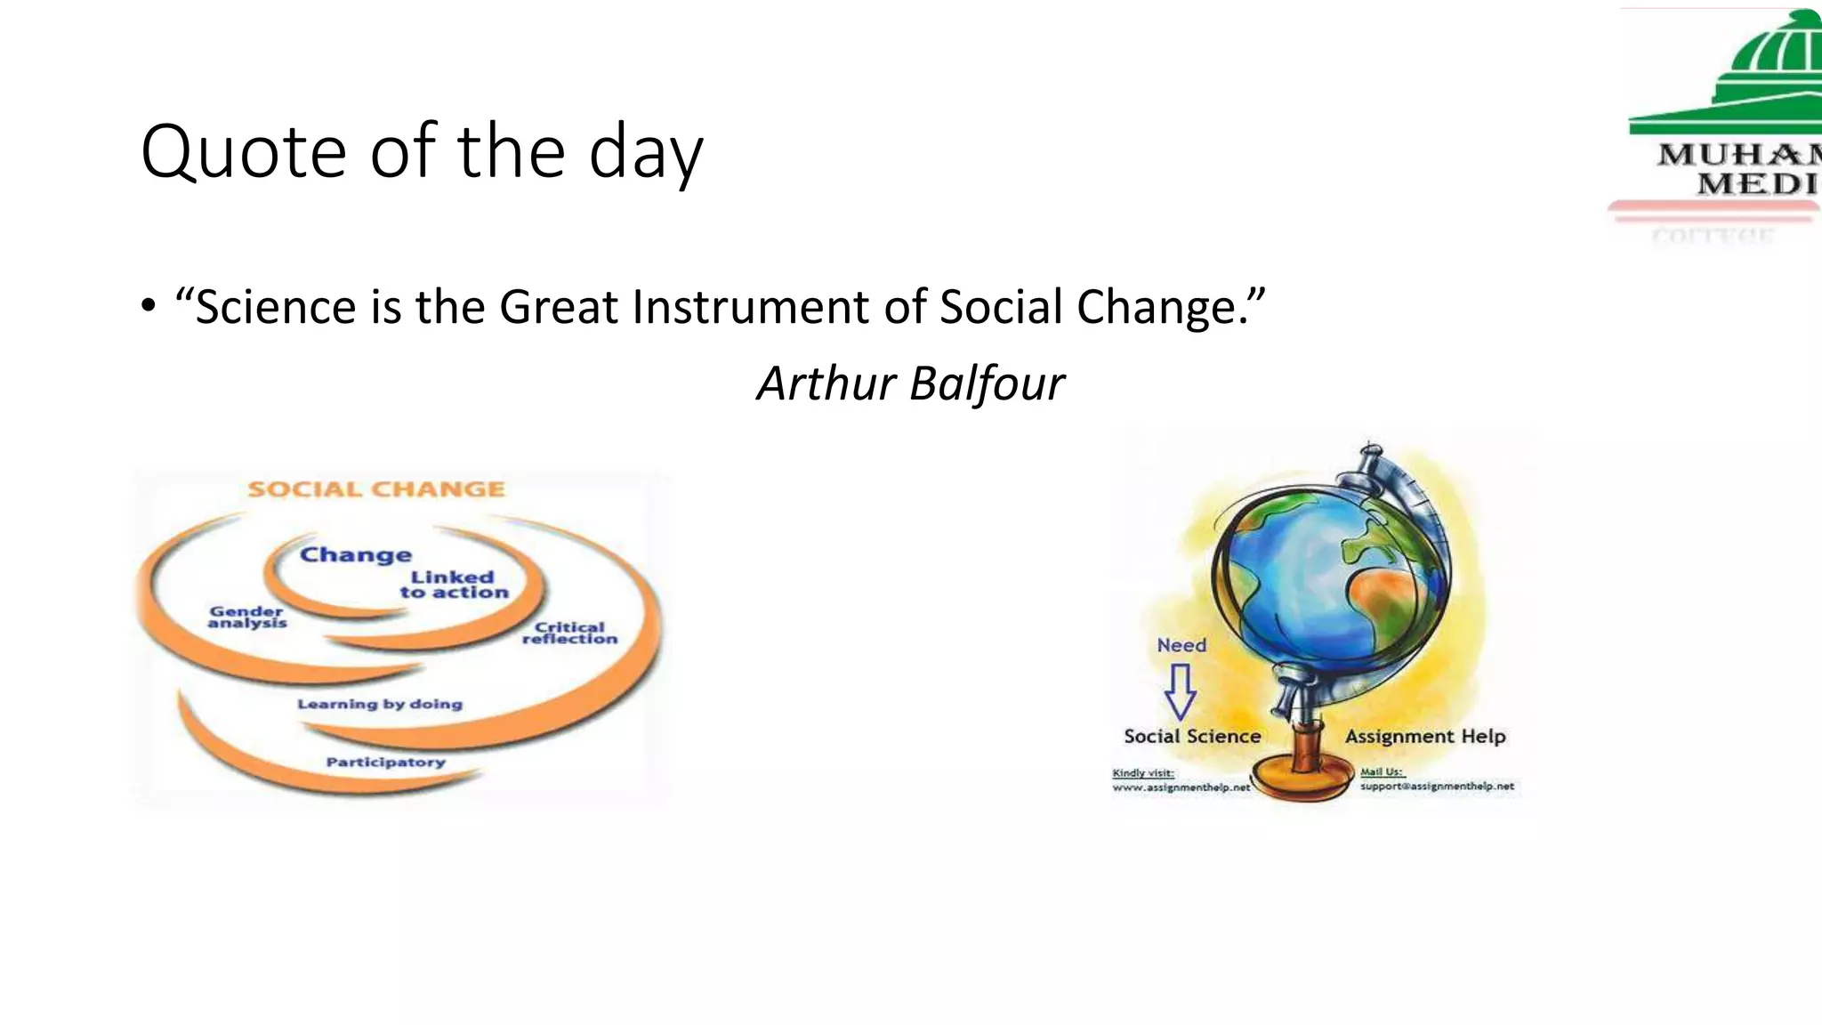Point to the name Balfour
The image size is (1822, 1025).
coord(987,384)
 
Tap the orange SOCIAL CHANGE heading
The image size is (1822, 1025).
coord(376,489)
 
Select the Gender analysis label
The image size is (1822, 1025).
coord(246,617)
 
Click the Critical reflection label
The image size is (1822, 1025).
coord(569,633)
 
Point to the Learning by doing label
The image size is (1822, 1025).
coord(380,704)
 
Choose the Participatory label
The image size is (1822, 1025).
coord(385,763)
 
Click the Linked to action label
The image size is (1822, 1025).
coord(454,585)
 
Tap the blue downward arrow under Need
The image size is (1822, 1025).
coord(1180,691)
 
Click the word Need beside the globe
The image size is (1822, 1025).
coord(1181,645)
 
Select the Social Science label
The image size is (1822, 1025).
coord(1192,736)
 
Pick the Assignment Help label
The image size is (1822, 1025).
coord(1425,736)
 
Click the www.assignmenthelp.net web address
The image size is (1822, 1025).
coord(1181,787)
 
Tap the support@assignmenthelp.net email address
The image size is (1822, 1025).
coord(1437,787)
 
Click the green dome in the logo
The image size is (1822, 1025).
coord(1770,53)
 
